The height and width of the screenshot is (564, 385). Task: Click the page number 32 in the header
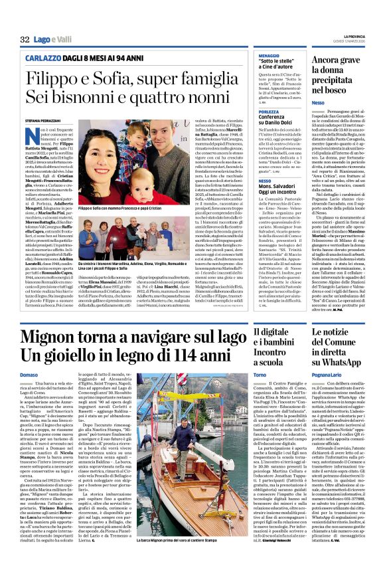(24, 41)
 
